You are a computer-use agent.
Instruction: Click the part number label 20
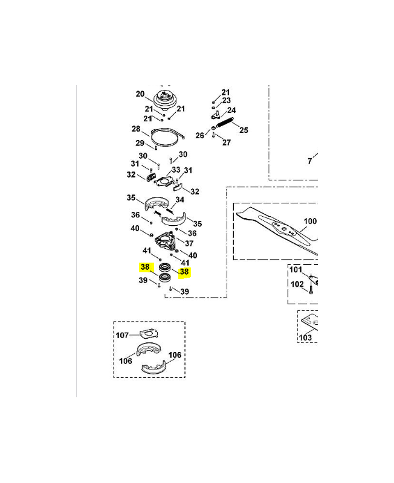(140, 94)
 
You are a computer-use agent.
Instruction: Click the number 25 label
(244, 130)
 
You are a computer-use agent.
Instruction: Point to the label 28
(136, 129)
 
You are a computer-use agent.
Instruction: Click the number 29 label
(140, 143)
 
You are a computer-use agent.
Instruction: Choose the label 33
(176, 170)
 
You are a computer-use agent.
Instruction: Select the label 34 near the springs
(179, 200)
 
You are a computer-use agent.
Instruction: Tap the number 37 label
(189, 243)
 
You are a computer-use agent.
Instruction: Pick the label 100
(310, 221)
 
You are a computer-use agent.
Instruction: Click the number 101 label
(295, 269)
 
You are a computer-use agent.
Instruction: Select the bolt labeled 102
(311, 290)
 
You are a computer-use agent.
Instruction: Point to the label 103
(305, 337)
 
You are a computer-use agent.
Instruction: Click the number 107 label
(122, 335)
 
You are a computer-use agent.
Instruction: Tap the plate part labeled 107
(149, 333)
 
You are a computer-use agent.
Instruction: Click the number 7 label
(310, 161)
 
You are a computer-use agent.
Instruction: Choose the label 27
(227, 142)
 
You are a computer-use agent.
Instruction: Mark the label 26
(200, 135)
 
